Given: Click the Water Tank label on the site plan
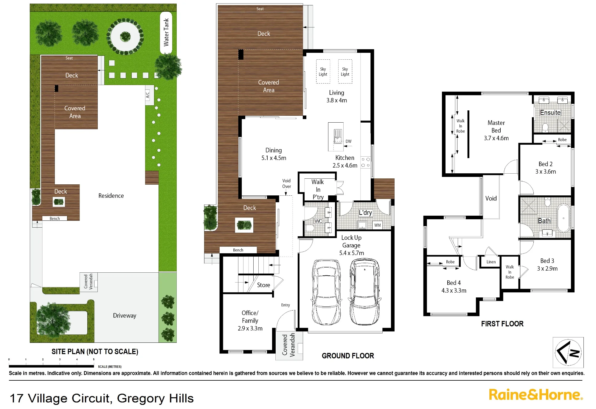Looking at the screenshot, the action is tap(166, 32).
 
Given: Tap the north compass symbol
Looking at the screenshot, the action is tap(568, 352).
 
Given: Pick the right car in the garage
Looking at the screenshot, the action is tap(364, 291).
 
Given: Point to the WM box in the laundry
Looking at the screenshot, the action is tap(378, 225).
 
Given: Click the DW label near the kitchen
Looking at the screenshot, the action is tap(348, 141).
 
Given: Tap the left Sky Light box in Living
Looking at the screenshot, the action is tap(323, 72).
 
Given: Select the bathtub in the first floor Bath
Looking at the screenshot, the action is tap(563, 218).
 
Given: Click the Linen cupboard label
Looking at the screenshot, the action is tap(491, 262).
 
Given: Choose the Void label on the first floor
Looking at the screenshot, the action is tap(491, 198).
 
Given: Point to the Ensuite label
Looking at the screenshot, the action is tap(550, 112).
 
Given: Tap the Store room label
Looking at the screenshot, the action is tap(263, 285).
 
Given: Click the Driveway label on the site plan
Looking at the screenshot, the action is tap(125, 316).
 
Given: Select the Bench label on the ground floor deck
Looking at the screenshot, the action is tap(238, 250).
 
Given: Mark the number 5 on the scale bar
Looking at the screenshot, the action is tap(94, 359).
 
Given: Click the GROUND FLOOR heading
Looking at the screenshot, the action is tap(348, 356).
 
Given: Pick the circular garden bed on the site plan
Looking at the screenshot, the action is tap(125, 36).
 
